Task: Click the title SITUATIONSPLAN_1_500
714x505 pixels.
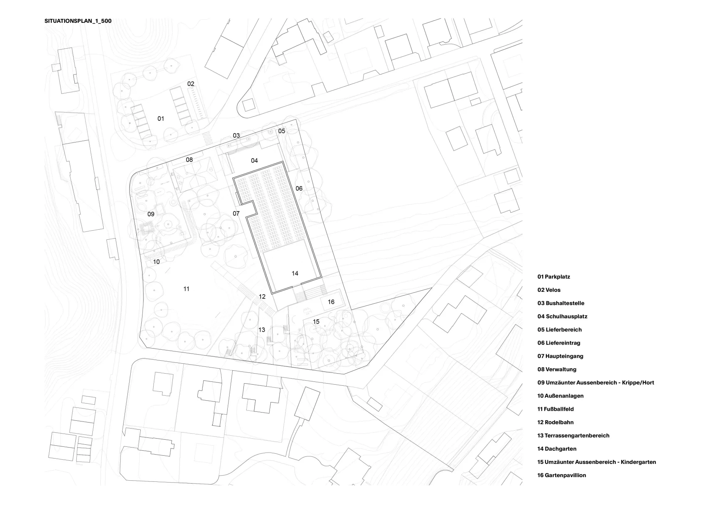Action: (x=78, y=21)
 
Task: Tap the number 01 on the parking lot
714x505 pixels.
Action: (x=161, y=119)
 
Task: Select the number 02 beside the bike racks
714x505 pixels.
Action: (x=191, y=84)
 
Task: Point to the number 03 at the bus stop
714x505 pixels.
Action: (x=236, y=135)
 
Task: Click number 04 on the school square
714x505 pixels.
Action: (x=254, y=160)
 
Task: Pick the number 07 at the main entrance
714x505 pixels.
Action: (x=236, y=213)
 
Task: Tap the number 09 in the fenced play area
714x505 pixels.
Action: (x=151, y=214)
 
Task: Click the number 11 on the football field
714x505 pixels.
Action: (x=186, y=289)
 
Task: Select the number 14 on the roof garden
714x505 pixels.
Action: (x=295, y=273)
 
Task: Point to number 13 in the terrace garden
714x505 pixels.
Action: (x=262, y=330)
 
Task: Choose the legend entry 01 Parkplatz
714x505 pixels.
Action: (x=553, y=277)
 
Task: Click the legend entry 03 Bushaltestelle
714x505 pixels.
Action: (x=560, y=303)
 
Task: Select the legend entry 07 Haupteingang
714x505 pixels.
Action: (x=560, y=356)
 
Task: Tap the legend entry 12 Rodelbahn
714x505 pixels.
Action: (x=555, y=422)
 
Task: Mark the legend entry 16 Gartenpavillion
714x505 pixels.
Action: (x=562, y=475)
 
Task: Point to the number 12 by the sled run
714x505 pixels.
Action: (x=262, y=296)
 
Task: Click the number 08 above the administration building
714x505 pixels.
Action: (x=189, y=160)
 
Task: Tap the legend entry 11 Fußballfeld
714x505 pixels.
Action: (x=555, y=409)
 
